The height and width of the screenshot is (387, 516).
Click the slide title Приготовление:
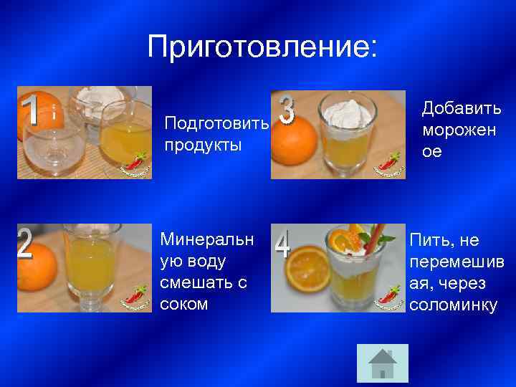coord(262,47)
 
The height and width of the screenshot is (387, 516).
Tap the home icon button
coord(382,363)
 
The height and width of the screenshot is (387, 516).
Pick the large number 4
coord(283,245)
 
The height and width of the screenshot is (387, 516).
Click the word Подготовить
coord(216,123)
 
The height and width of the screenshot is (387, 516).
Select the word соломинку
coord(453,305)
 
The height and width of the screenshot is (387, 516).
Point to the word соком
coord(184,303)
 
